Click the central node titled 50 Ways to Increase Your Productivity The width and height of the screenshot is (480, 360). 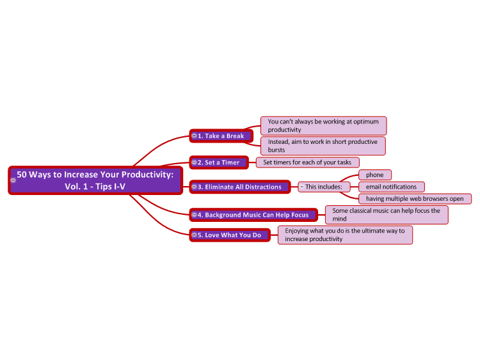(95, 180)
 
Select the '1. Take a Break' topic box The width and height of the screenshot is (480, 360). (221, 136)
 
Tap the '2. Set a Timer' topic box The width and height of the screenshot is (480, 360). (219, 162)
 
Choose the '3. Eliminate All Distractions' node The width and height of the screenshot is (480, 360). (240, 187)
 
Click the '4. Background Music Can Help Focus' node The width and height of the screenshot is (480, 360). (253, 215)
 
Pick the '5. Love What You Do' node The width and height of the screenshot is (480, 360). (230, 235)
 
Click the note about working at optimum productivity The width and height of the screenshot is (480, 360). (324, 126)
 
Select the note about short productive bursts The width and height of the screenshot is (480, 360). (323, 146)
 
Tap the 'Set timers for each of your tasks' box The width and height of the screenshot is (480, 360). (307, 162)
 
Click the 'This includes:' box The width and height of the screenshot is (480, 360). (324, 187)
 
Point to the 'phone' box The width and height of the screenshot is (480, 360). (375, 175)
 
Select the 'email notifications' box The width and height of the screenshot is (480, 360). (392, 187)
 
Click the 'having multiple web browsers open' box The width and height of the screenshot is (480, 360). (415, 199)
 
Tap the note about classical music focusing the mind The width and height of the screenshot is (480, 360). (387, 215)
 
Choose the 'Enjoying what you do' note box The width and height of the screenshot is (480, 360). (345, 235)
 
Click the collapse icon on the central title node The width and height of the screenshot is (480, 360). (13, 180)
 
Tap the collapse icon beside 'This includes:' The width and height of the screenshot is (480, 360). (302, 187)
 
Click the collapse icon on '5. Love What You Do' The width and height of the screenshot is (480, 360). (194, 235)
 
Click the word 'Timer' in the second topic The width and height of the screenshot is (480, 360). (230, 162)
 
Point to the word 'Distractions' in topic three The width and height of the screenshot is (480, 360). (263, 187)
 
